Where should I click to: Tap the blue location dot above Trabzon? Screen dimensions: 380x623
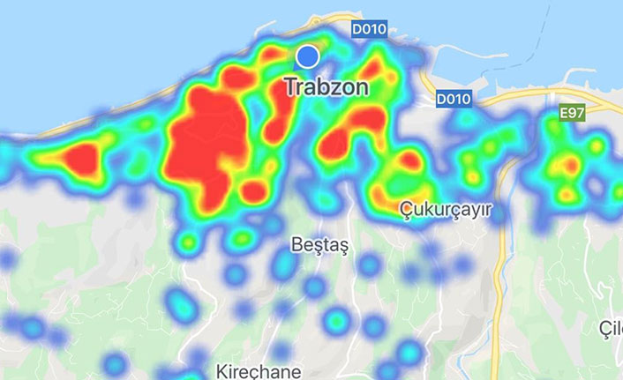click(307, 56)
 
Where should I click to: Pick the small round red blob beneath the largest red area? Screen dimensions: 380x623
click(253, 190)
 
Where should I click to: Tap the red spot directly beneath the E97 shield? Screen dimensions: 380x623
click(571, 165)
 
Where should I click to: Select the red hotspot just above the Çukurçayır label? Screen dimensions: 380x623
click(409, 161)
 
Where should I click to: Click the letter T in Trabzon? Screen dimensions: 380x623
click(290, 88)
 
